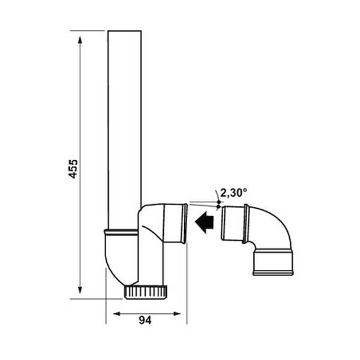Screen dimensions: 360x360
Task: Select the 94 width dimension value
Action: point(144,320)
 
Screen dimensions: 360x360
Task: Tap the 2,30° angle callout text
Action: point(234,193)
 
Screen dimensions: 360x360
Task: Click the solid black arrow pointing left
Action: point(205,223)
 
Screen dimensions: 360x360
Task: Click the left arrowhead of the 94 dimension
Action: point(112,313)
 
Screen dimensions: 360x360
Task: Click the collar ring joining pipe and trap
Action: point(124,231)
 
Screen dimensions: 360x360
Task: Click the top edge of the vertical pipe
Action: point(124,31)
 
